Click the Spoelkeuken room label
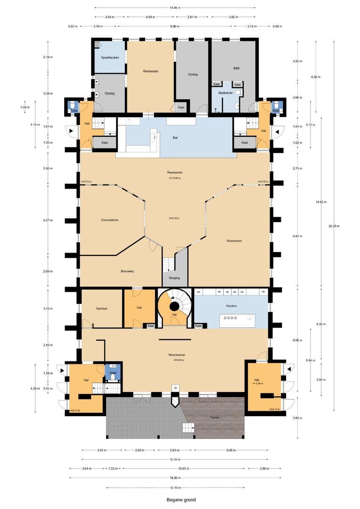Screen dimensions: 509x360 pos(110,57)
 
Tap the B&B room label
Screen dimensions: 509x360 pos(236,68)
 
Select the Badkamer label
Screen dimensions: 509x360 pos(226,93)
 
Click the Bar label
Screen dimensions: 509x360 pos(175,138)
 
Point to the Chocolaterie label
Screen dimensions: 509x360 pos(109,220)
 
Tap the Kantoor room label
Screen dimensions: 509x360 pos(102,309)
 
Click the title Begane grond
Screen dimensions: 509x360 pos(180,500)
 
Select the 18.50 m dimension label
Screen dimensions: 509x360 pos(175,478)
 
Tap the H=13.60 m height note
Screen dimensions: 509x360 pos(175,178)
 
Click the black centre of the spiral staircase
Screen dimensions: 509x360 pos(174,307)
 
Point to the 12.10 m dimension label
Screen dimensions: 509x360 pos(175,487)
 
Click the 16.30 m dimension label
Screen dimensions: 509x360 pos(175,460)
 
